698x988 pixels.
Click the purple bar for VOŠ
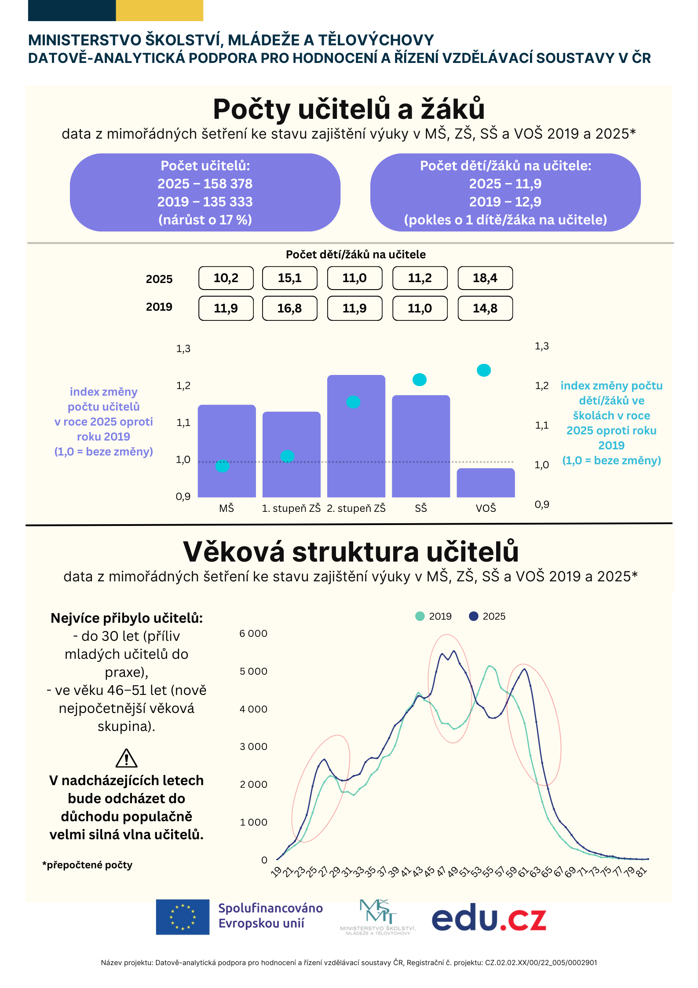486,483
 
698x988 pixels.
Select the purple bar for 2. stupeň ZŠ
356,436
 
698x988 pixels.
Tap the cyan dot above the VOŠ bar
484,370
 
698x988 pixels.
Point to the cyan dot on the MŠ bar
223,466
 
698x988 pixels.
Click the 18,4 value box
485,278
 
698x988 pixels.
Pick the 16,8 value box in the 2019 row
289,308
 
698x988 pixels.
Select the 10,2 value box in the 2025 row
226,278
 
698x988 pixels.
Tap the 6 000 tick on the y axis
253,633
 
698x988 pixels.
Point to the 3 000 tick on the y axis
253,746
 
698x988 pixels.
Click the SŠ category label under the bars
421,508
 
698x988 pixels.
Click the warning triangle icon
127,758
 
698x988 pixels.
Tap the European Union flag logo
183,917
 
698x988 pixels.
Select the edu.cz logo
489,918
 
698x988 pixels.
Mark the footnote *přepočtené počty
88,865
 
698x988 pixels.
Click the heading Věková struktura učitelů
351,551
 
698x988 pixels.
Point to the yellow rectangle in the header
160,11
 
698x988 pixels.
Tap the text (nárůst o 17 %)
205,220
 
